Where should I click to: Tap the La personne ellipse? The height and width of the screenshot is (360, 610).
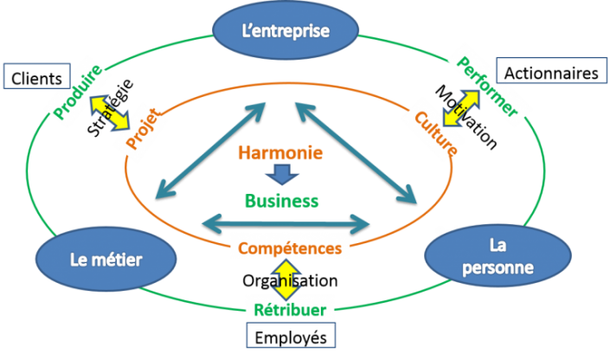coord(498,256)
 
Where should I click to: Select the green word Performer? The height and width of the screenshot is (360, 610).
coord(487,86)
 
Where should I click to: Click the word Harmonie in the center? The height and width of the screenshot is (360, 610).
coord(279,154)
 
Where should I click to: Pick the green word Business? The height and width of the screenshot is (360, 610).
coord(282,201)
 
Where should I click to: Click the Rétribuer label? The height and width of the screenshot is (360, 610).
coord(289,309)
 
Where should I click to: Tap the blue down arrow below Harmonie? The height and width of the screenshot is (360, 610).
coord(281,177)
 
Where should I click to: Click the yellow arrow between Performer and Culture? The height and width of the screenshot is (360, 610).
coord(454,109)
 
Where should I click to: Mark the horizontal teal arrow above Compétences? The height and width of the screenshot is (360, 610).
coord(286,223)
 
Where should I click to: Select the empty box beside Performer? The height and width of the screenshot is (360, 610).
coord(551,69)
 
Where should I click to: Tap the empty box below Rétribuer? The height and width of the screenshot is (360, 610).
coord(291,334)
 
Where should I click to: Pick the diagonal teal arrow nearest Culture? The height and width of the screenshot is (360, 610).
coord(355,151)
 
